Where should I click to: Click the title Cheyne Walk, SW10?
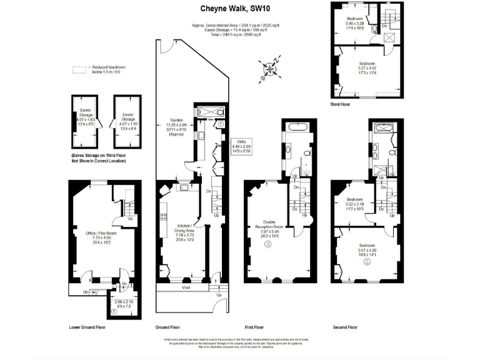[230, 9]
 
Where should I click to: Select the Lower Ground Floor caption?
[87, 327]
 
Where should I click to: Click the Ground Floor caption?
[167, 327]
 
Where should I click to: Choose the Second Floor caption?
[344, 327]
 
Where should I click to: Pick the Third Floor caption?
[341, 105]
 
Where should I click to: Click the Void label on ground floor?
[187, 289]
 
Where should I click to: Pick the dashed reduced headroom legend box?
[79, 69]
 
